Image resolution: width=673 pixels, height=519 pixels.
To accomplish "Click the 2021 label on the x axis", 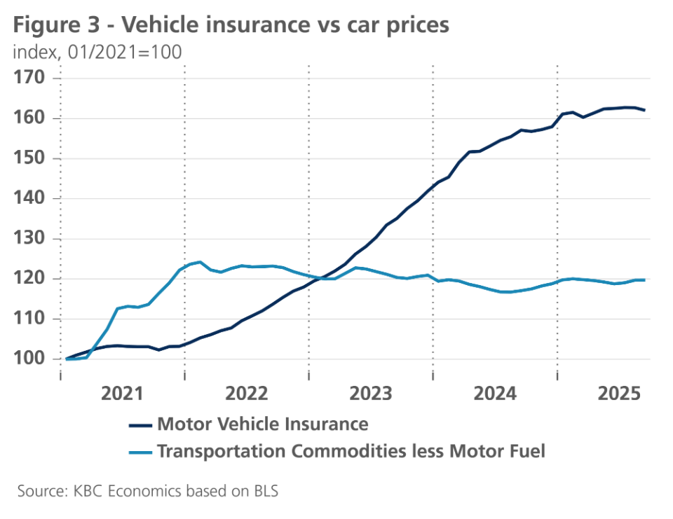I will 123,394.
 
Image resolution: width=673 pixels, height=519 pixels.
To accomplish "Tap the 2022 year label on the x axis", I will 247,394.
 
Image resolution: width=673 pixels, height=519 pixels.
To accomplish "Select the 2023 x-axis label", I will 372,394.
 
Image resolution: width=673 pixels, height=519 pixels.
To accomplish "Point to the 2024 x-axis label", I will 496,394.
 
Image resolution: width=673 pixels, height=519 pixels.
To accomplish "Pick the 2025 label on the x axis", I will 620,394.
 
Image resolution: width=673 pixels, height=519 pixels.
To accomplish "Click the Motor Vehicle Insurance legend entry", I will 263,424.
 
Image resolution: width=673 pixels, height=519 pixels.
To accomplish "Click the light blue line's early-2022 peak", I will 200,262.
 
